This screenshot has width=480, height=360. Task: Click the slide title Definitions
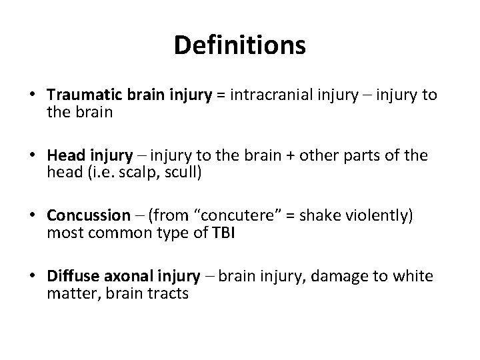coord(239,45)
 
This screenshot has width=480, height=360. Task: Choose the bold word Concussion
coord(89,215)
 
